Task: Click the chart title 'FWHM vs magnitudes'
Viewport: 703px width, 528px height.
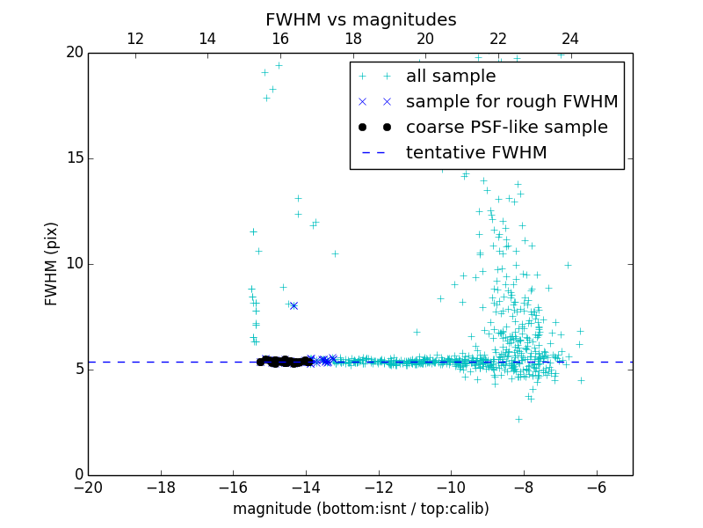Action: (x=360, y=19)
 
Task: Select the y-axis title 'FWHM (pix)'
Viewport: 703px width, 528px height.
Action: (x=52, y=264)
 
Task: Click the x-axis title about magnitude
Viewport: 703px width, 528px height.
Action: (x=360, y=509)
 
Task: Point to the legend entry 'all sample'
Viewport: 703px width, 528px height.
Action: (x=451, y=77)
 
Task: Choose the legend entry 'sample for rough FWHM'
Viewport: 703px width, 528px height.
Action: (x=511, y=102)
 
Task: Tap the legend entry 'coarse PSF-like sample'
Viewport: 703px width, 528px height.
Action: (x=506, y=128)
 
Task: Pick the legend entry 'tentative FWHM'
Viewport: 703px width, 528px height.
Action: (x=476, y=153)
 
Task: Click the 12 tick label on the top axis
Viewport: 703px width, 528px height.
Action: (x=135, y=39)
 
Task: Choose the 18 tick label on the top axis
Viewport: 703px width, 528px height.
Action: (x=352, y=39)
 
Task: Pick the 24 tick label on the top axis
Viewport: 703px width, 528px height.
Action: (x=570, y=39)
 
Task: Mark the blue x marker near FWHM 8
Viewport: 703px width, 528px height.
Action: (x=294, y=305)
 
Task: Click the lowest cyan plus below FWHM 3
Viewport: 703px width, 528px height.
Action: (x=518, y=419)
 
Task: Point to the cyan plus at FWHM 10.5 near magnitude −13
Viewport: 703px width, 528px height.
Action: (x=335, y=253)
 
